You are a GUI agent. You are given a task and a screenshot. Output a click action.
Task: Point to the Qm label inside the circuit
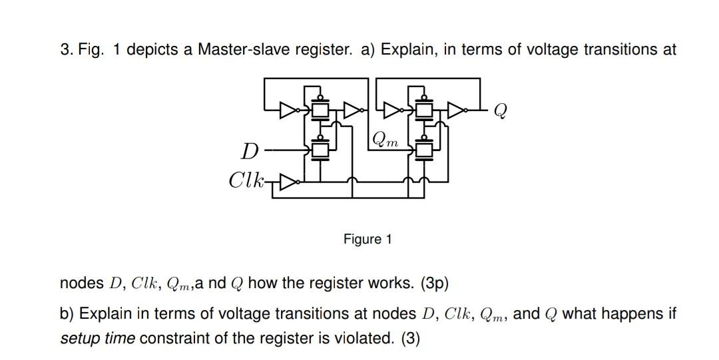click(x=386, y=140)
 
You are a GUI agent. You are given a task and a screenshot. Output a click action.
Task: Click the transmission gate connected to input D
click(x=321, y=150)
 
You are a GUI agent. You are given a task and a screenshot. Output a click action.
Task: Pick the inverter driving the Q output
click(x=457, y=108)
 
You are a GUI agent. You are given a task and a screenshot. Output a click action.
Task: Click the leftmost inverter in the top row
click(x=288, y=108)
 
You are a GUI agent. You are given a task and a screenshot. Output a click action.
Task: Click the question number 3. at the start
click(x=65, y=51)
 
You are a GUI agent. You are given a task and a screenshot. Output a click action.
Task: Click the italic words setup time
click(x=97, y=338)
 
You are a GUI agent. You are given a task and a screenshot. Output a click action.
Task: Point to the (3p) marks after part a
click(x=434, y=283)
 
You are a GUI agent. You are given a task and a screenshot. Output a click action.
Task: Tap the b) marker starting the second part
click(x=67, y=313)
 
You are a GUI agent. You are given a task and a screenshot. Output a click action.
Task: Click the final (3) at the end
click(x=411, y=338)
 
